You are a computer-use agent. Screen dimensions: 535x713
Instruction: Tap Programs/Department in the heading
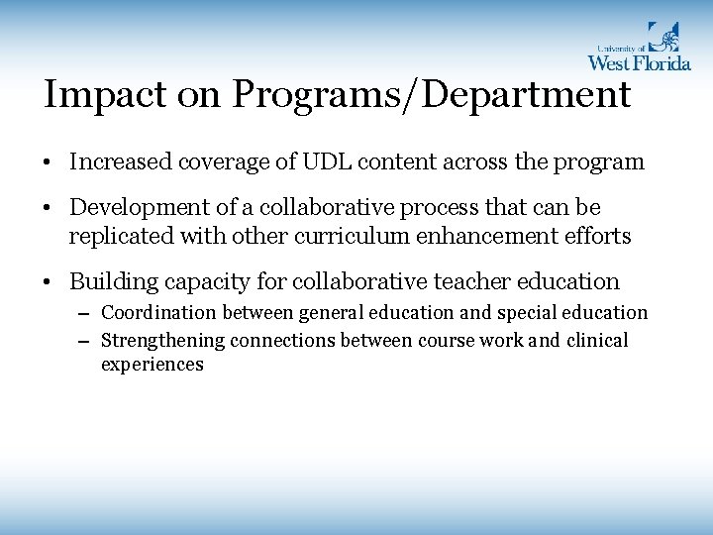(x=434, y=96)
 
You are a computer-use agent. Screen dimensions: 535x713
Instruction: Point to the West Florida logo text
(x=639, y=62)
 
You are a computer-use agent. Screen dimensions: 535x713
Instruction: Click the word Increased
(x=119, y=161)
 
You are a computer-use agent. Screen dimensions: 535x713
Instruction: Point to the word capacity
(x=191, y=281)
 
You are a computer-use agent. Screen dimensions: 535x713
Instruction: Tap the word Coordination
(x=158, y=313)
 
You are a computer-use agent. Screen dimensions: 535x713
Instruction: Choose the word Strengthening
(x=162, y=341)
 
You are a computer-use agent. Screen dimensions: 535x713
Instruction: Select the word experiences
(x=152, y=365)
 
